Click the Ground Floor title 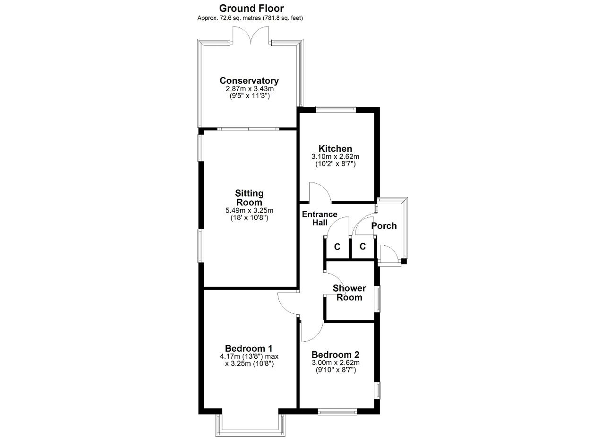[251, 9]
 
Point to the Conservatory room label [249, 80]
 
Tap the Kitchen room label [335, 148]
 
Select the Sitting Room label [249, 198]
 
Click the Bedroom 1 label [249, 348]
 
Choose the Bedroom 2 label [336, 354]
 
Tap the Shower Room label [349, 293]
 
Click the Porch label [384, 226]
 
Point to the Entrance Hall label [320, 218]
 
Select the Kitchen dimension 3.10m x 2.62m [335, 156]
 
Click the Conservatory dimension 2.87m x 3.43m [250, 88]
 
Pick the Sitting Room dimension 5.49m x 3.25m [249, 210]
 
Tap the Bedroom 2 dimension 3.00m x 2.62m [336, 362]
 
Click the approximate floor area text [250, 18]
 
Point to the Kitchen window [336, 109]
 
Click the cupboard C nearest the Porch [363, 246]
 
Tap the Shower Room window [378, 299]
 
